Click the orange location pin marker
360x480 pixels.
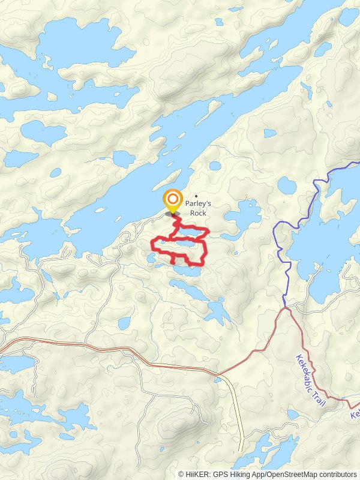click(173, 200)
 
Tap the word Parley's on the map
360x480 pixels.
click(199, 204)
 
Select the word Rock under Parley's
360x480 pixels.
click(198, 213)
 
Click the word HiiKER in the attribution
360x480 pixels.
click(196, 474)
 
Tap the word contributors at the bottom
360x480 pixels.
click(338, 474)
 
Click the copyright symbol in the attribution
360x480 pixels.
click(181, 474)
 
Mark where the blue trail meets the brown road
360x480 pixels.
click(284, 308)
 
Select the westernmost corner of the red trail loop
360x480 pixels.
click(150, 244)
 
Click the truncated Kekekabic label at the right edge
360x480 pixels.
click(355, 414)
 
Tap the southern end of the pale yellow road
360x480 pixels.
click(242, 451)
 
